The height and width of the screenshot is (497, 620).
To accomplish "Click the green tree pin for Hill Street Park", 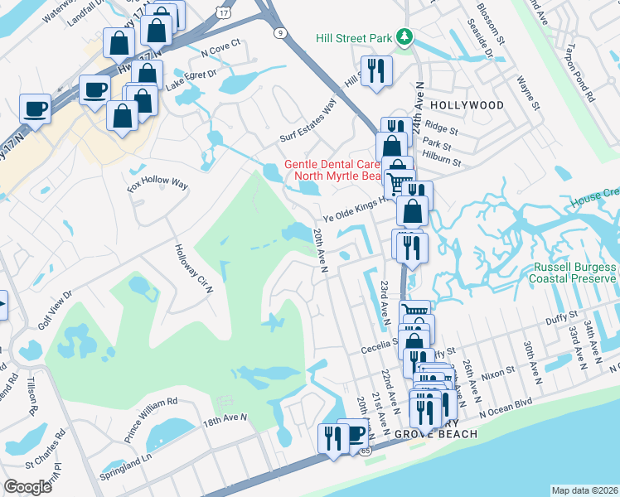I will tap(404, 37).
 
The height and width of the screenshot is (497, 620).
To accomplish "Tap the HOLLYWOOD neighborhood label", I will tap(467, 106).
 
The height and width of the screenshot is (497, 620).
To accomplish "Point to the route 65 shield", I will tap(366, 451).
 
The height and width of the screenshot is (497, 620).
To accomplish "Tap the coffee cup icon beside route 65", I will tap(355, 434).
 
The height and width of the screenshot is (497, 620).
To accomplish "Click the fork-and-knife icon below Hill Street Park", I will tap(375, 71).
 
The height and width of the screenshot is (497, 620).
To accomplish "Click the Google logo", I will tap(28, 487).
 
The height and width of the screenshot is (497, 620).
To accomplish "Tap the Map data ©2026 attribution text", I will tap(585, 490).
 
